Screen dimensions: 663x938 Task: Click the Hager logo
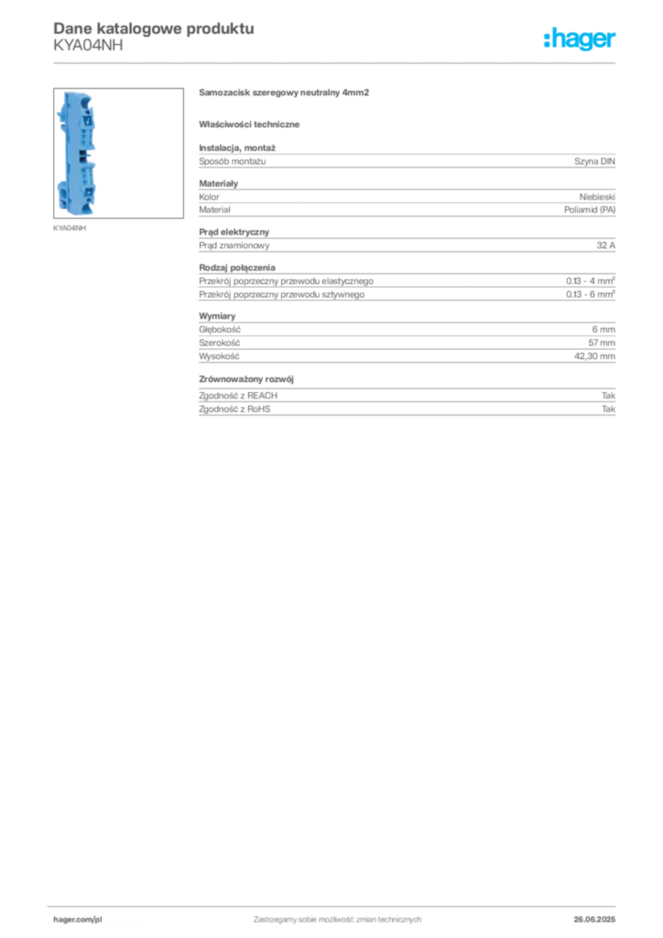pos(580,38)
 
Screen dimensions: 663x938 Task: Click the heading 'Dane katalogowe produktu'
pos(154,28)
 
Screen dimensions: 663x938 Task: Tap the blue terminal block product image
pos(77,153)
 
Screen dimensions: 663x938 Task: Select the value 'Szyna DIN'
pos(594,161)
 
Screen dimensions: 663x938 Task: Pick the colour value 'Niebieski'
pos(597,197)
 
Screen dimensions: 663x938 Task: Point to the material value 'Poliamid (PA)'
pos(590,210)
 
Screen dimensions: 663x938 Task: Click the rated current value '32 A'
pos(605,245)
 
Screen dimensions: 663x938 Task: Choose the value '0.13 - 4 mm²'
pos(590,280)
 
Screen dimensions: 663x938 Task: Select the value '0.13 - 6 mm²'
pos(590,294)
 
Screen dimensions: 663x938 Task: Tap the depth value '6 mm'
pos(603,330)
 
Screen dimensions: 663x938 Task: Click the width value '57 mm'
pos(602,343)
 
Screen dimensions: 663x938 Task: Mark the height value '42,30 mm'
pos(594,356)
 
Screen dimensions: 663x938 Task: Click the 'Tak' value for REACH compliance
pos(608,396)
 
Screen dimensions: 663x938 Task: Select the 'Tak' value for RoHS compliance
pos(608,409)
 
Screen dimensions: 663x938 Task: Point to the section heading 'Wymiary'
pos(217,316)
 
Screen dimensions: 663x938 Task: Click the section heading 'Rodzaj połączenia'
pos(237,267)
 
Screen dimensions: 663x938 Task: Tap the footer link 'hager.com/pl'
pos(77,920)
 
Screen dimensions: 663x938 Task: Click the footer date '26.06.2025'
pos(594,920)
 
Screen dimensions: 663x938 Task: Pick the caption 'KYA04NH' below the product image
pos(70,228)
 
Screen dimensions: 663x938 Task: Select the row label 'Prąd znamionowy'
pos(234,245)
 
